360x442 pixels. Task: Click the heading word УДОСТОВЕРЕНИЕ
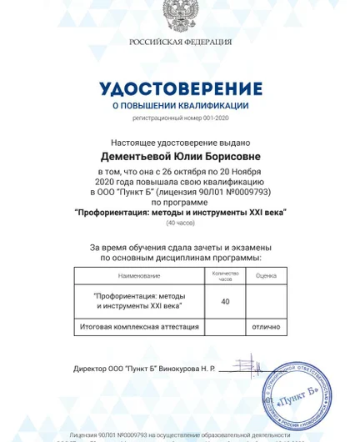[180, 88]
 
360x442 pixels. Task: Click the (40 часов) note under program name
[180, 224]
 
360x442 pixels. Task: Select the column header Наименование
[139, 275]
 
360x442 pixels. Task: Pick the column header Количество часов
[225, 275]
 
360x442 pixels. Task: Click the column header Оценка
[266, 275]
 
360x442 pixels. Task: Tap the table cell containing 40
[225, 302]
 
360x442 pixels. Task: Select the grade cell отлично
[266, 327]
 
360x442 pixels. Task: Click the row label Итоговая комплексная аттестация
[137, 327]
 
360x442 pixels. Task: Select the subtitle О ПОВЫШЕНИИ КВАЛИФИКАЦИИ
[180, 106]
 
